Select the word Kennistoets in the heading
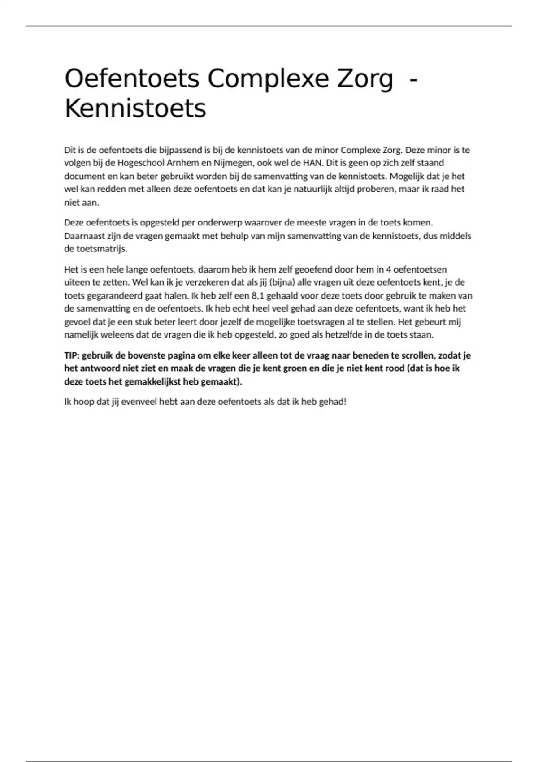pos(135,108)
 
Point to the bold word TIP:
pos(72,355)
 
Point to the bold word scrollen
pos(418,355)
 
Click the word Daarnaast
pos(84,236)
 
